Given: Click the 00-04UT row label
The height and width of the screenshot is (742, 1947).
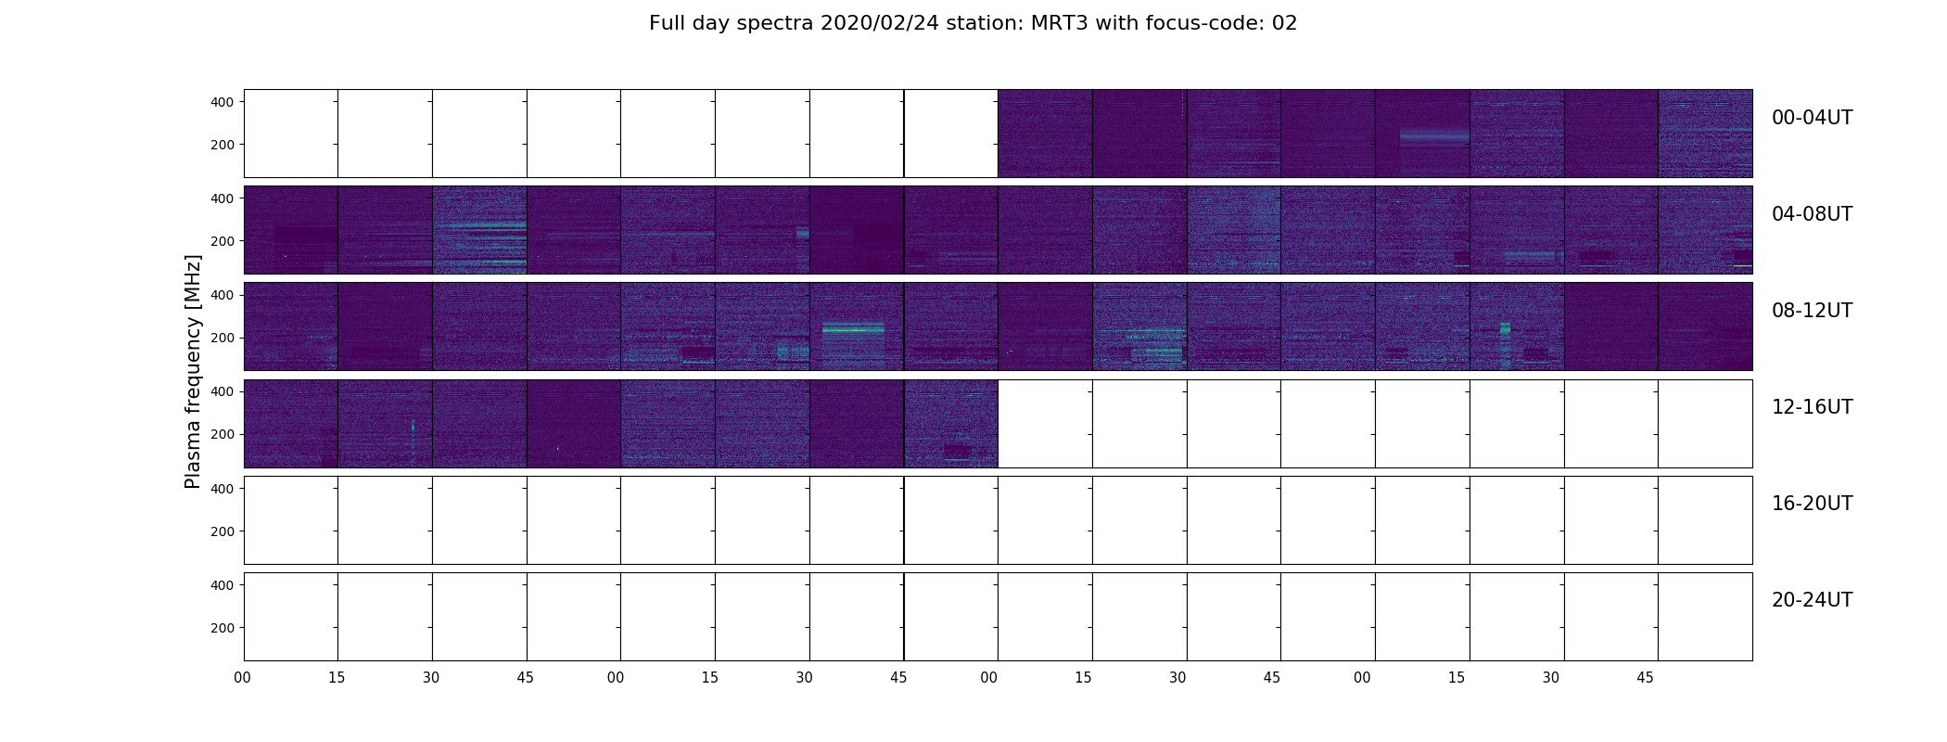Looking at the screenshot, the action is pyautogui.click(x=1812, y=118).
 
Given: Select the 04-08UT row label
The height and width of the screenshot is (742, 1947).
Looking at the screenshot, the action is pyautogui.click(x=1812, y=214).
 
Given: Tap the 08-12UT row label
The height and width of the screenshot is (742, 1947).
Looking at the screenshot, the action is pyautogui.click(x=1812, y=311).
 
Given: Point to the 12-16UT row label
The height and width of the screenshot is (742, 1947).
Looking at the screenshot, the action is pyautogui.click(x=1812, y=407).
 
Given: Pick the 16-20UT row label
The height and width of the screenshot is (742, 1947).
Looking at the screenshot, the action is pyautogui.click(x=1812, y=504).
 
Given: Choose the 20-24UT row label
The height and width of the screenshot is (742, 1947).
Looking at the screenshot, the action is pyautogui.click(x=1812, y=600).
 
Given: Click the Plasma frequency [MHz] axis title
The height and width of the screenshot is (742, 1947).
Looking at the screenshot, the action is pyautogui.click(x=193, y=371).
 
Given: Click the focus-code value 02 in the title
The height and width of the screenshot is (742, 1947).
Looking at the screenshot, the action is pyautogui.click(x=1284, y=23).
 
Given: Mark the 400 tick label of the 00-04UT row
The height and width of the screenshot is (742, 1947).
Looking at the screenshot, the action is pyautogui.click(x=223, y=102).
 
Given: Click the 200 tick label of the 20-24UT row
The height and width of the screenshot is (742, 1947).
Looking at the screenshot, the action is pyautogui.click(x=223, y=628).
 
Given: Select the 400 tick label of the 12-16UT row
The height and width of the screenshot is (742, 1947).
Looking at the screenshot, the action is pyautogui.click(x=223, y=392).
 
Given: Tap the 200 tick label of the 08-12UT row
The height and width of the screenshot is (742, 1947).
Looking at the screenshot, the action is pyautogui.click(x=223, y=339).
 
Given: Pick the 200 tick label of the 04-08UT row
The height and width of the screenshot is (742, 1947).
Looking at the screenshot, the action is pyautogui.click(x=223, y=242).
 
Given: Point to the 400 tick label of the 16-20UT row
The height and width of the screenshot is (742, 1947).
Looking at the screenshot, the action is pyautogui.click(x=223, y=489).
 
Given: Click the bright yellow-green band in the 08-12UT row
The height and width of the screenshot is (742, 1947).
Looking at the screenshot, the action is pyautogui.click(x=853, y=328).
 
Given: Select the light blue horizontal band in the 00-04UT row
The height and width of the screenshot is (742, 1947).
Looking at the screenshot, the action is pyautogui.click(x=1434, y=136).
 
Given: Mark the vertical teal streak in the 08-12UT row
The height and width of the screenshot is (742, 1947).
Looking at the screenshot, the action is pyautogui.click(x=1505, y=344).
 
